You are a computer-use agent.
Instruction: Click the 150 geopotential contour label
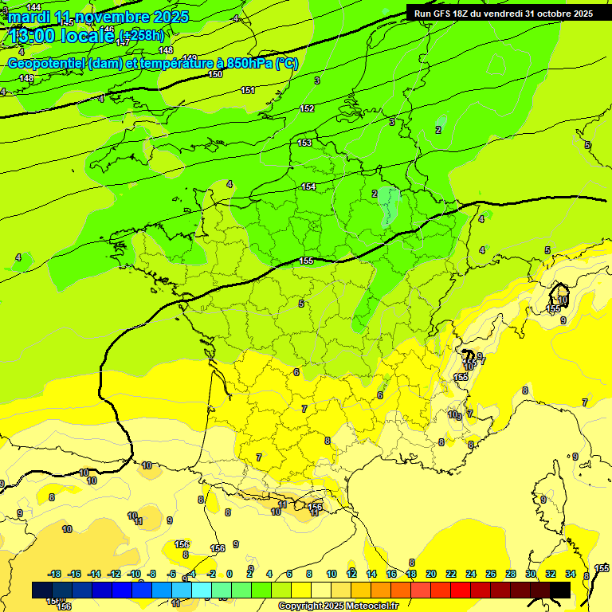215,74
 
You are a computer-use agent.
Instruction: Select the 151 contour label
248,90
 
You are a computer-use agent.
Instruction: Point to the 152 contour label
307,108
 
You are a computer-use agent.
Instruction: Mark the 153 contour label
304,143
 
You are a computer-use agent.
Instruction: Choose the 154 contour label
308,186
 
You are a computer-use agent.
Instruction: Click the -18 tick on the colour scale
54,574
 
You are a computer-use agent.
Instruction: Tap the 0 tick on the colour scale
229,574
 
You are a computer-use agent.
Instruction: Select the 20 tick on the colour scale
431,574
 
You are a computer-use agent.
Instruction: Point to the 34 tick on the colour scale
570,574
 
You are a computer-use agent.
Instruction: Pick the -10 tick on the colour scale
133,574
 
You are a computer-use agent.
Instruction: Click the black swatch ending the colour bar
560,590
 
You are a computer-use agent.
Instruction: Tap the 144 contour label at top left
33,7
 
